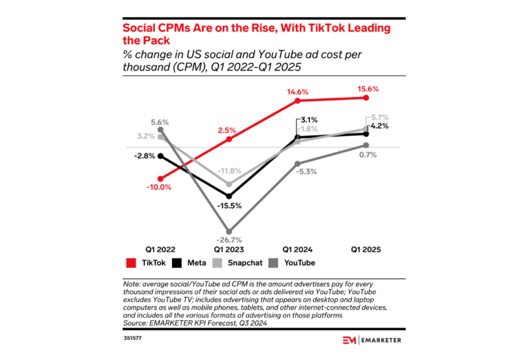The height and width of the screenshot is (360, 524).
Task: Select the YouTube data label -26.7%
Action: [x=230, y=240]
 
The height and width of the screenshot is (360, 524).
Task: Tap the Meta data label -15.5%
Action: [x=230, y=206]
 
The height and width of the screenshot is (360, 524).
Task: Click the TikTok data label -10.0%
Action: [x=159, y=187]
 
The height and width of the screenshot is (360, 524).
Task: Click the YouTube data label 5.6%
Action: [x=160, y=120]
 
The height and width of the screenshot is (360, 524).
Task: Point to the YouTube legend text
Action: [x=299, y=263]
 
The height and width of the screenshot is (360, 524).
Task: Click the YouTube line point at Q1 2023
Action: [x=230, y=231]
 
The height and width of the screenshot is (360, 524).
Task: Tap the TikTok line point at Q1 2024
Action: [x=298, y=101]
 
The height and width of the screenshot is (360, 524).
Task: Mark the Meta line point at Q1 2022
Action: [x=160, y=155]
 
